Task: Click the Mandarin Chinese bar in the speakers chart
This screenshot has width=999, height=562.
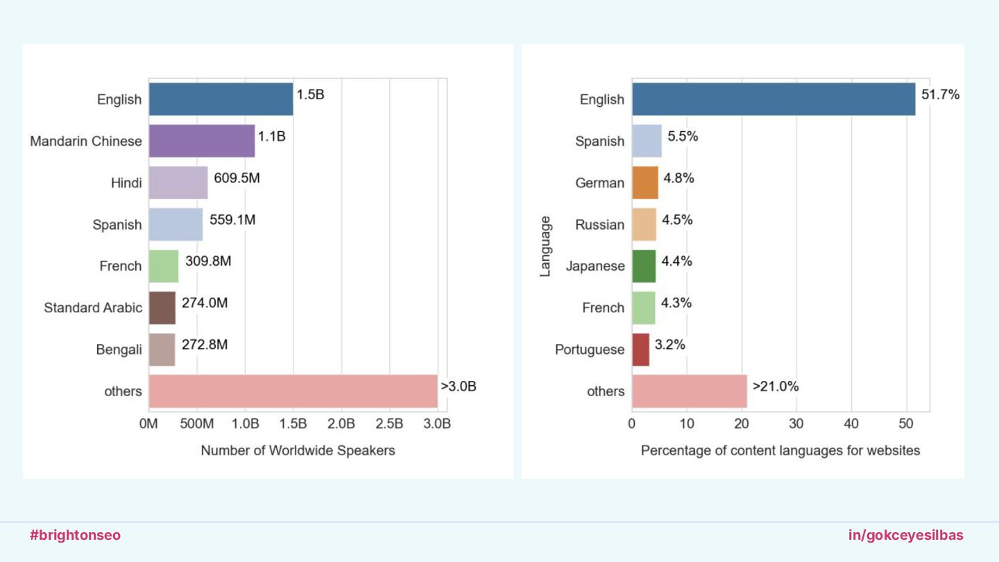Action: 202,141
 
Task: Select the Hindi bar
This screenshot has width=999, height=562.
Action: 178,182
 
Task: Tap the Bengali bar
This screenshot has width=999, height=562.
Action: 162,349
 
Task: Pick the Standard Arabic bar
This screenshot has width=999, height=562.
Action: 162,307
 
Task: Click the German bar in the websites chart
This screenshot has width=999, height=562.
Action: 645,182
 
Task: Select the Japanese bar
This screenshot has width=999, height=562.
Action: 644,266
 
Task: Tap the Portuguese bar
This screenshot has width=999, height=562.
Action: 641,349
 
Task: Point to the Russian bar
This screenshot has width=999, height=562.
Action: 644,224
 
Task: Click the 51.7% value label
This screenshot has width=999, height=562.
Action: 940,95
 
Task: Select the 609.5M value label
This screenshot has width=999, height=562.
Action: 237,178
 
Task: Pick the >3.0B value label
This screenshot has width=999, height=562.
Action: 459,386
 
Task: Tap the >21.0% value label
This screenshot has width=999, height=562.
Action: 776,386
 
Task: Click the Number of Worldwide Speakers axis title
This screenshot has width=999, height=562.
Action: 298,450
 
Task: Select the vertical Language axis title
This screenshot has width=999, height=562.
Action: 545,246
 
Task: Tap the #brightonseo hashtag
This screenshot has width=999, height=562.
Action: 75,535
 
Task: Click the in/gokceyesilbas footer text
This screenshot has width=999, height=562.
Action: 905,535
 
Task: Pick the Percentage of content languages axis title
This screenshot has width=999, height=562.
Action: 780,450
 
